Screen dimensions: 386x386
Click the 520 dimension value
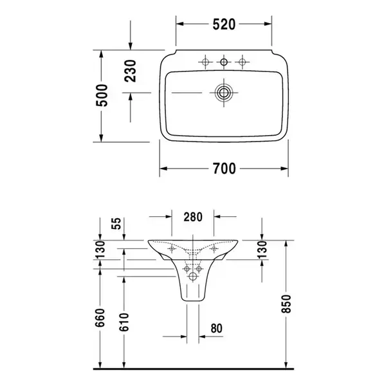(224, 24)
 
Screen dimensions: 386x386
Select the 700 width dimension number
(225, 169)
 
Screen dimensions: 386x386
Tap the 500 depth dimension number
(102, 95)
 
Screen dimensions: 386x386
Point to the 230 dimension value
(130, 71)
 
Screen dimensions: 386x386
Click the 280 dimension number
(193, 217)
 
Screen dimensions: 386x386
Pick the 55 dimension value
(116, 223)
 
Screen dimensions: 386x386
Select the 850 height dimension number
(286, 304)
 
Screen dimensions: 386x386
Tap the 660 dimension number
(100, 318)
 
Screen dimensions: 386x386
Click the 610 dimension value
(124, 322)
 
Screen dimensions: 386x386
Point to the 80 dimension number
(216, 328)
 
